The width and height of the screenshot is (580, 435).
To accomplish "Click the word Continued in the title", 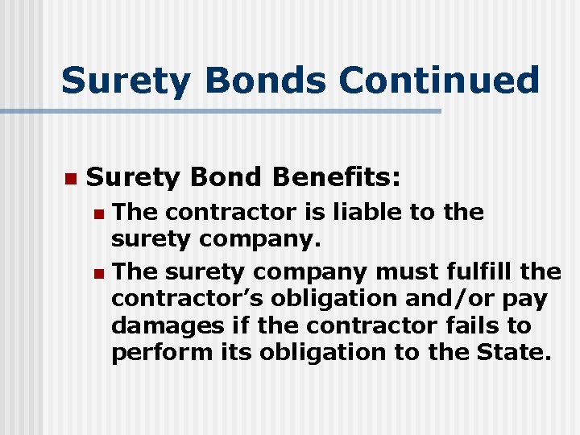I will click(x=439, y=81).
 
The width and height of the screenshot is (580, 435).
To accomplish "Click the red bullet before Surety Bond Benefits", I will click(x=70, y=177).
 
